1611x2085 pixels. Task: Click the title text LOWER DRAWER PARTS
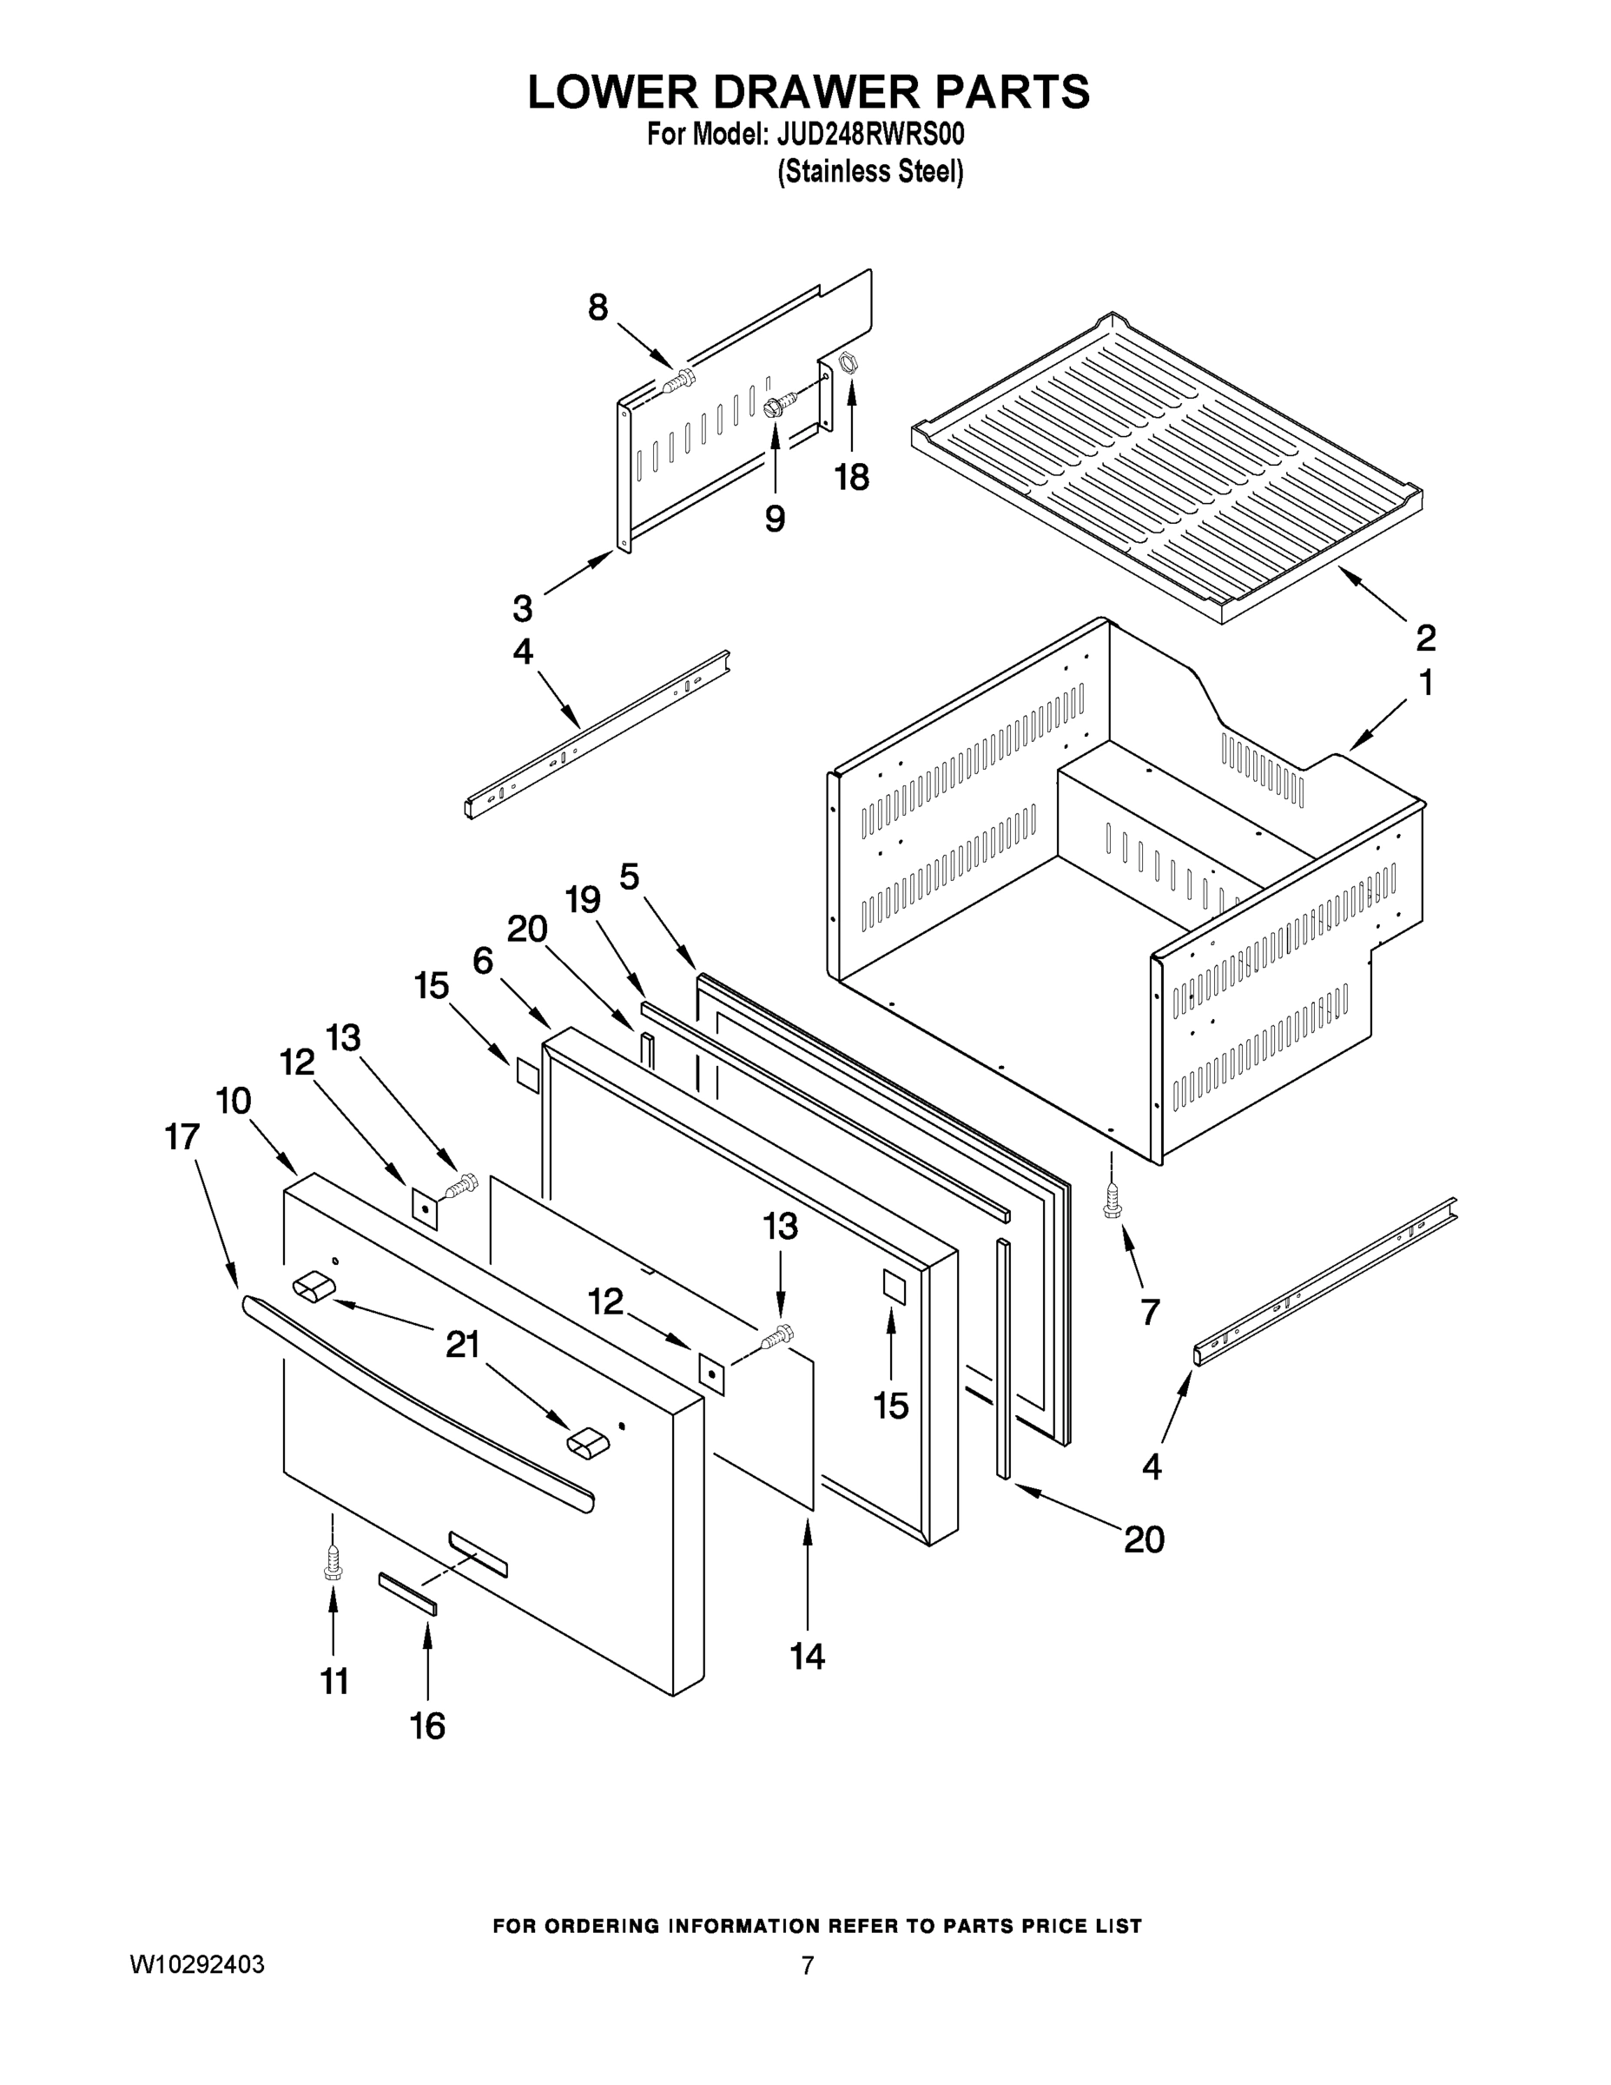[808, 93]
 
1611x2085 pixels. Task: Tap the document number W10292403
[197, 1965]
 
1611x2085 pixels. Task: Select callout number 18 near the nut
[852, 476]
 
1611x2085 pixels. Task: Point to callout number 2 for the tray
[1425, 637]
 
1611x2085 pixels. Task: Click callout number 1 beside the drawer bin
[1426, 684]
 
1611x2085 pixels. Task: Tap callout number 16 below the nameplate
[427, 1725]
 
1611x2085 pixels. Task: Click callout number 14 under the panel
[808, 1657]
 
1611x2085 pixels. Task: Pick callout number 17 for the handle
[182, 1136]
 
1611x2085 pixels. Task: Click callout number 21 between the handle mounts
[463, 1345]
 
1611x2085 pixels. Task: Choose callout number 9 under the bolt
[775, 519]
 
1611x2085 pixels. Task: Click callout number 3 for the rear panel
[522, 608]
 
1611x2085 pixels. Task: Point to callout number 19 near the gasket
[582, 899]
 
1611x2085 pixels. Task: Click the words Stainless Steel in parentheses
[870, 172]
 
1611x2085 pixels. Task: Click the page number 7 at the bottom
[808, 1966]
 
